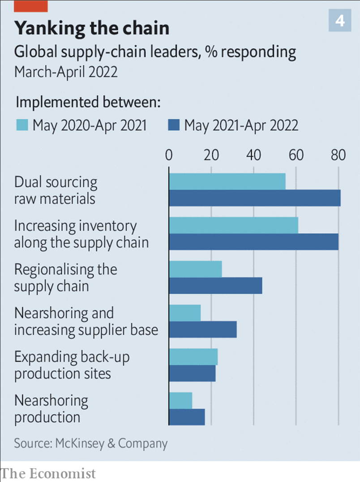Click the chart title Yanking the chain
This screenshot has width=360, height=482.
92,28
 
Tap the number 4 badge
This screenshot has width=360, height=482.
340,21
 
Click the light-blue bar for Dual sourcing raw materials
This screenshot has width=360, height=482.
227,181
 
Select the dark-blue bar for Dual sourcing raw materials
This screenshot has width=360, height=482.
254,198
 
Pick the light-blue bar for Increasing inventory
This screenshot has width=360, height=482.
233,225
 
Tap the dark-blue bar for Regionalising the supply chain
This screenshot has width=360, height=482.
215,286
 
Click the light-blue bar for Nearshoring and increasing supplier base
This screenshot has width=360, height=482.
184,313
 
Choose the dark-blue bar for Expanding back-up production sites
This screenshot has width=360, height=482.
192,374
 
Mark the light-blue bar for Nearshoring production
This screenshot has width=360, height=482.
180,400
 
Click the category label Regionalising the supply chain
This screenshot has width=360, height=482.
65,278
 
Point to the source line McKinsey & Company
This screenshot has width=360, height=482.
90,443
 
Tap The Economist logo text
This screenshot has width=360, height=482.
48,473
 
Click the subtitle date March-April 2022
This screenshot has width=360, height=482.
66,72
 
